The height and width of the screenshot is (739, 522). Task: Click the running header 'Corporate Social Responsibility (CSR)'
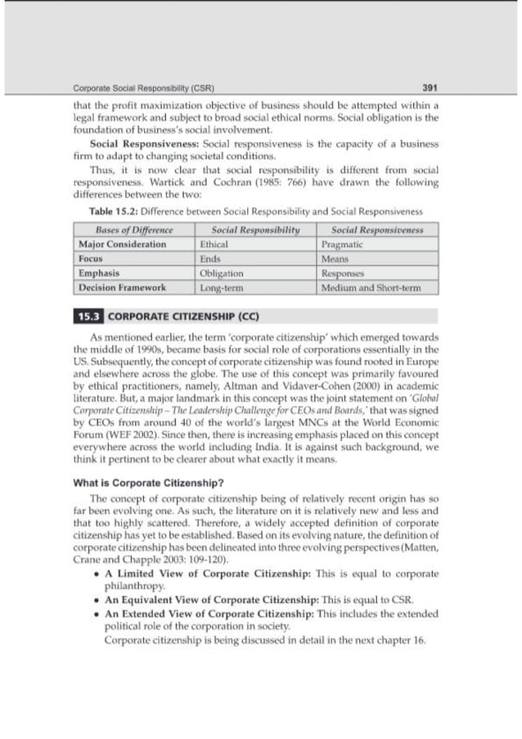click(x=133, y=88)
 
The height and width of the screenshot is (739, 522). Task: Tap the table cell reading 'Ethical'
click(x=214, y=245)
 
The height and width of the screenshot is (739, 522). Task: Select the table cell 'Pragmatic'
click(x=342, y=245)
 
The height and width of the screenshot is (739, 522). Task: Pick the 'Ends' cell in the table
click(x=210, y=259)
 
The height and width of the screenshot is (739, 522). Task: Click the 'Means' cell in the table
click(x=335, y=259)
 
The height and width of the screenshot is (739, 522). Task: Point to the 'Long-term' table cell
click(x=222, y=288)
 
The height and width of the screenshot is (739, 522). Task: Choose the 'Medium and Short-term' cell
click(x=371, y=288)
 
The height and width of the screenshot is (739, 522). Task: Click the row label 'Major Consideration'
click(x=122, y=245)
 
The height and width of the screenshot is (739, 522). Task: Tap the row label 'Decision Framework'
click(x=122, y=288)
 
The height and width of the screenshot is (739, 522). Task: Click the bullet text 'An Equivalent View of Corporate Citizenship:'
click(x=212, y=600)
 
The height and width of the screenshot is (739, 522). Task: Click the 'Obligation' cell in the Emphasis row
click(x=221, y=273)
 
